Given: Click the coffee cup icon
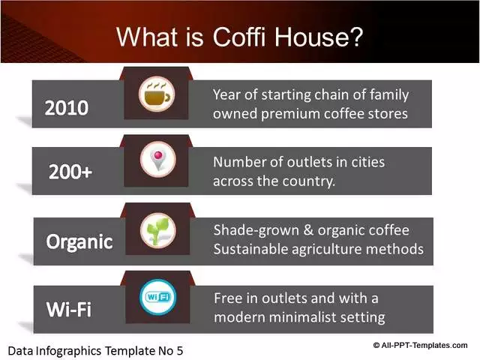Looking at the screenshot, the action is [157, 94].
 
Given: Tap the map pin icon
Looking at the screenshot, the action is [158, 160].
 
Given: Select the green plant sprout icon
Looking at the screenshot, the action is [158, 230].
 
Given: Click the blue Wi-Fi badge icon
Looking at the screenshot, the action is [158, 297].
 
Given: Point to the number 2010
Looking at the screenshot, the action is [67, 108].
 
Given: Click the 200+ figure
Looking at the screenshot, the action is [70, 172].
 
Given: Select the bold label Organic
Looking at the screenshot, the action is [79, 242].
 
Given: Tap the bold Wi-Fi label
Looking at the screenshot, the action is [69, 309].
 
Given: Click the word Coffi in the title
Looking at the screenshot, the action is [238, 37].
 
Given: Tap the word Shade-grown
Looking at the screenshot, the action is [256, 230].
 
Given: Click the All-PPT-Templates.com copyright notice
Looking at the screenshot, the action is [420, 345].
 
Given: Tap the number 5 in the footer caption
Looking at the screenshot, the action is [180, 351].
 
